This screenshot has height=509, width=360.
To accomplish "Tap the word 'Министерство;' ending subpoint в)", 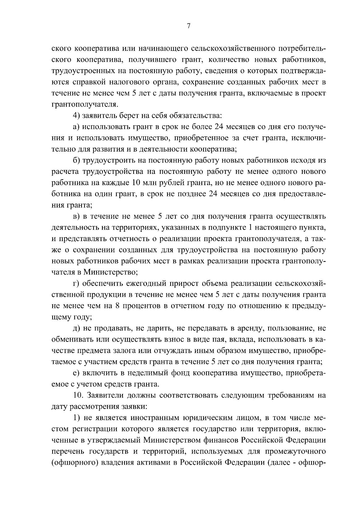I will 110,272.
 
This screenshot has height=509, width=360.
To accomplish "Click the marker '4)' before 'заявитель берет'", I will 77,116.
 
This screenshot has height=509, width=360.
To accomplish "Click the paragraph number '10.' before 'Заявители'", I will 79,395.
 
